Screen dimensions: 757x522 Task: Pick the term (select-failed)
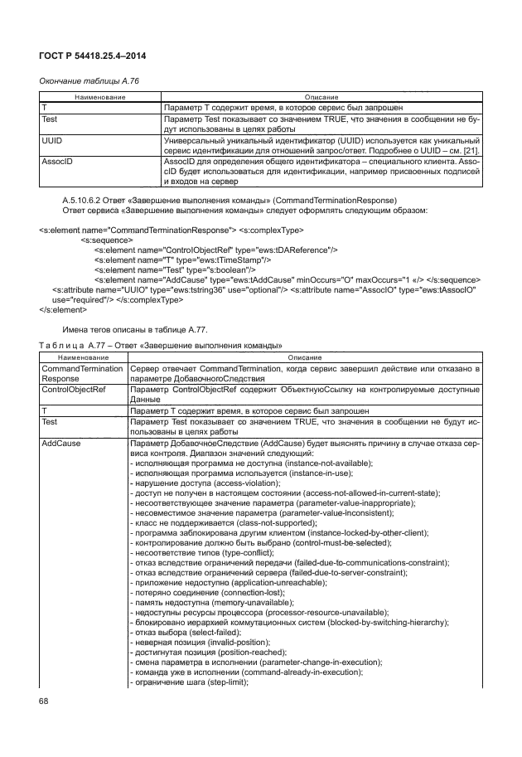[x=216, y=622]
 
